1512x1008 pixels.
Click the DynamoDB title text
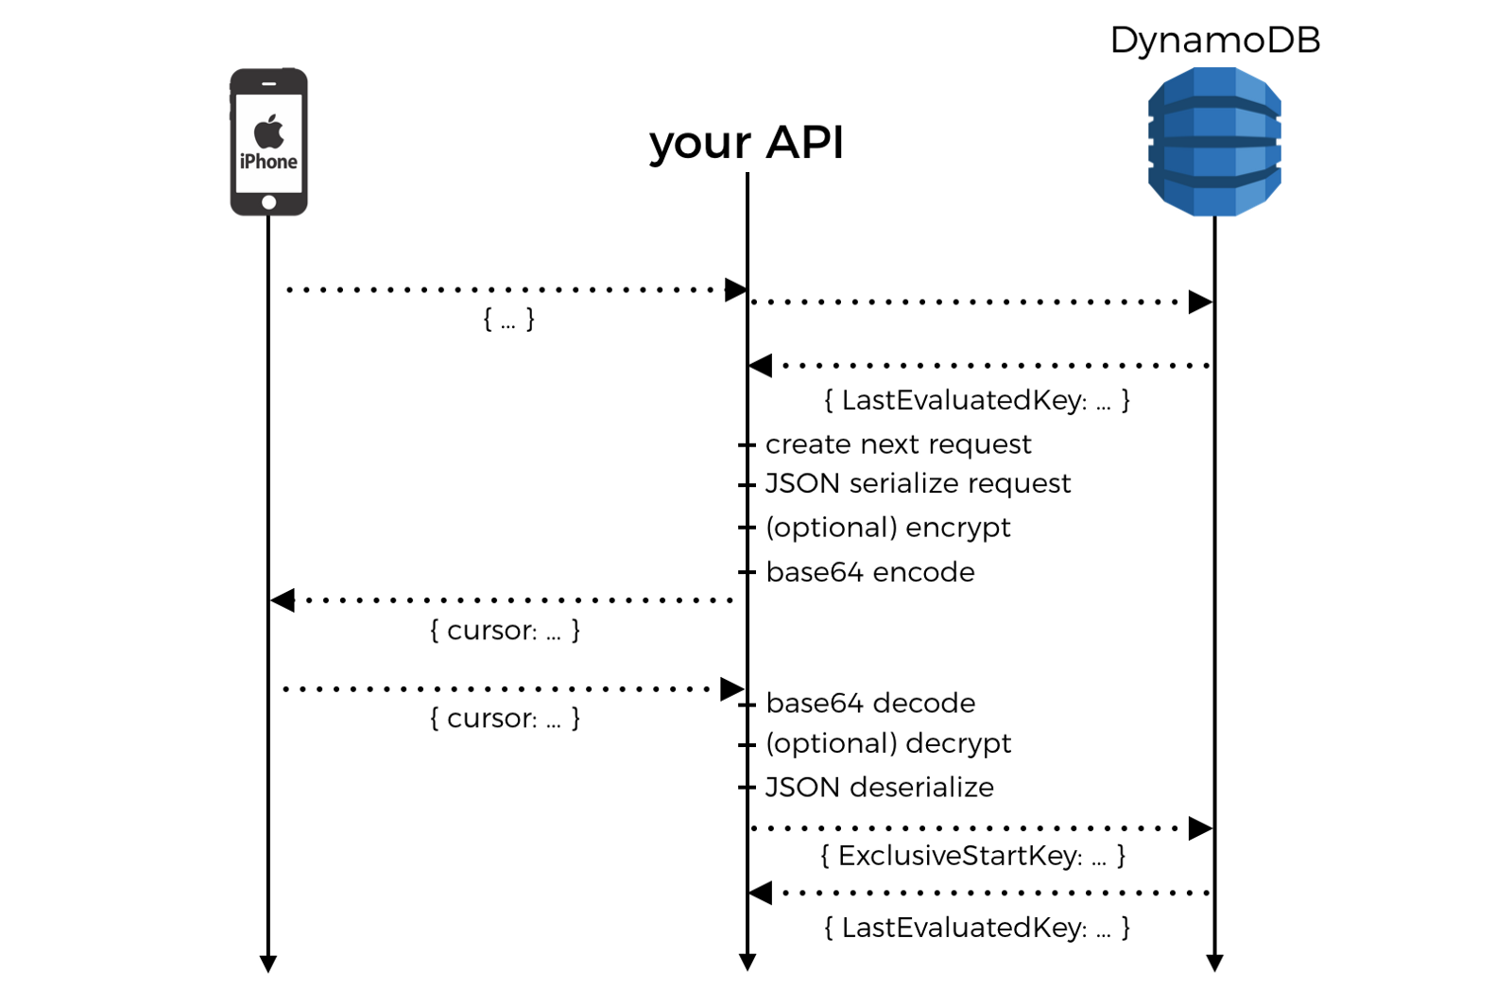[1214, 41]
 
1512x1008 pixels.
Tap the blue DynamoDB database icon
[1214, 142]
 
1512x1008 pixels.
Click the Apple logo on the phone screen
[269, 131]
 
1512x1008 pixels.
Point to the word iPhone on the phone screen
[268, 162]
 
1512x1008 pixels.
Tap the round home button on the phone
[269, 202]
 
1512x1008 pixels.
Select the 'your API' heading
[746, 143]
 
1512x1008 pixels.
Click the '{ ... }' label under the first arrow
[508, 320]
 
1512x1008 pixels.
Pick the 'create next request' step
[898, 444]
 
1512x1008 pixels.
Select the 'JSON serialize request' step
[918, 484]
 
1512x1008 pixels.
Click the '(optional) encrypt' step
[887, 528]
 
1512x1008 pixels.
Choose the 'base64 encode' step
[869, 572]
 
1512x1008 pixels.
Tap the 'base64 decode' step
[869, 704]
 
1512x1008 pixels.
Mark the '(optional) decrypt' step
[887, 744]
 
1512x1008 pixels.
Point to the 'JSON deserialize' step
[879, 788]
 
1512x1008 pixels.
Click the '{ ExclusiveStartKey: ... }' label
[972, 856]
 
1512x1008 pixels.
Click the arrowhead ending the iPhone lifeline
[268, 964]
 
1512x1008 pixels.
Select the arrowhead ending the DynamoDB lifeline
[1215, 964]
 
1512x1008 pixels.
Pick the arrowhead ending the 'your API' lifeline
[747, 964]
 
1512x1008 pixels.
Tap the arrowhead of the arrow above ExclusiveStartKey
[1200, 828]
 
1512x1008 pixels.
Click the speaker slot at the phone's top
[269, 83]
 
